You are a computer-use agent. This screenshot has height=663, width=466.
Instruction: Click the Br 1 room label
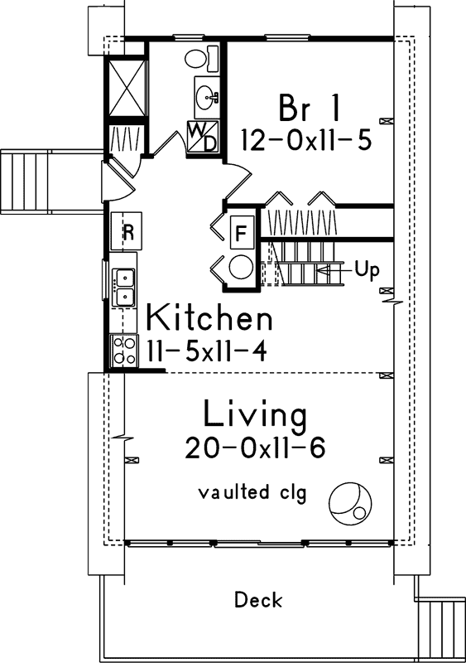point(304,107)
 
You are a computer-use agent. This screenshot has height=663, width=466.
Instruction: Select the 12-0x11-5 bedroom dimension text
point(305,139)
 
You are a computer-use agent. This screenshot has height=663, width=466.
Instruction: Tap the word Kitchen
point(209,318)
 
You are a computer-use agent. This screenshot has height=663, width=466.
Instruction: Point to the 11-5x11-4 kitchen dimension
point(206,351)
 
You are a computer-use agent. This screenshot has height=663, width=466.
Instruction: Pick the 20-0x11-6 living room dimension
point(255,448)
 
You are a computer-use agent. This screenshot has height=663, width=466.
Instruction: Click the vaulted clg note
point(252,493)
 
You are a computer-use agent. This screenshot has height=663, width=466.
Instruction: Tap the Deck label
point(257,599)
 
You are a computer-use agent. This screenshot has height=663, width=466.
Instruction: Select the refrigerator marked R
point(128,232)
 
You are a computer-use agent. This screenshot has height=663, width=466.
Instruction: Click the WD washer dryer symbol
point(202,138)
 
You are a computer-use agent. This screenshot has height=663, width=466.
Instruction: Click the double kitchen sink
point(125,287)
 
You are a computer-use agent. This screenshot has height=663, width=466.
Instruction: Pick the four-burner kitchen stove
point(124,351)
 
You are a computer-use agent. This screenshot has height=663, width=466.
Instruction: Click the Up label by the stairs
point(366,269)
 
